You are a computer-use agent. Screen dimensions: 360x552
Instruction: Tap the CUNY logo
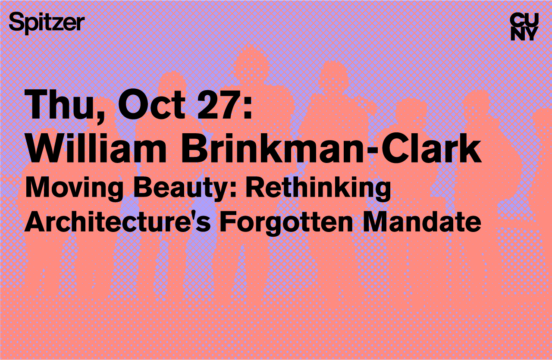(x=524, y=27)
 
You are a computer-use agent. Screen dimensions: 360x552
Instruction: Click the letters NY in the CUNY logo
(x=524, y=34)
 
